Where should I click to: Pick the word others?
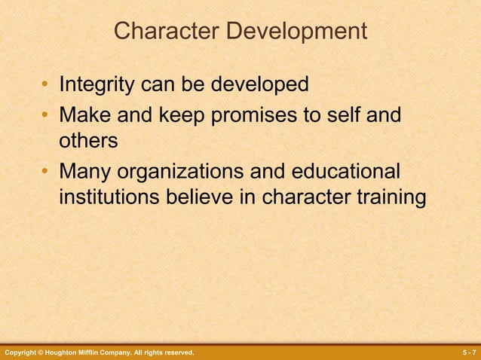(88, 141)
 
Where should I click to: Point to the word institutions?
(108, 197)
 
